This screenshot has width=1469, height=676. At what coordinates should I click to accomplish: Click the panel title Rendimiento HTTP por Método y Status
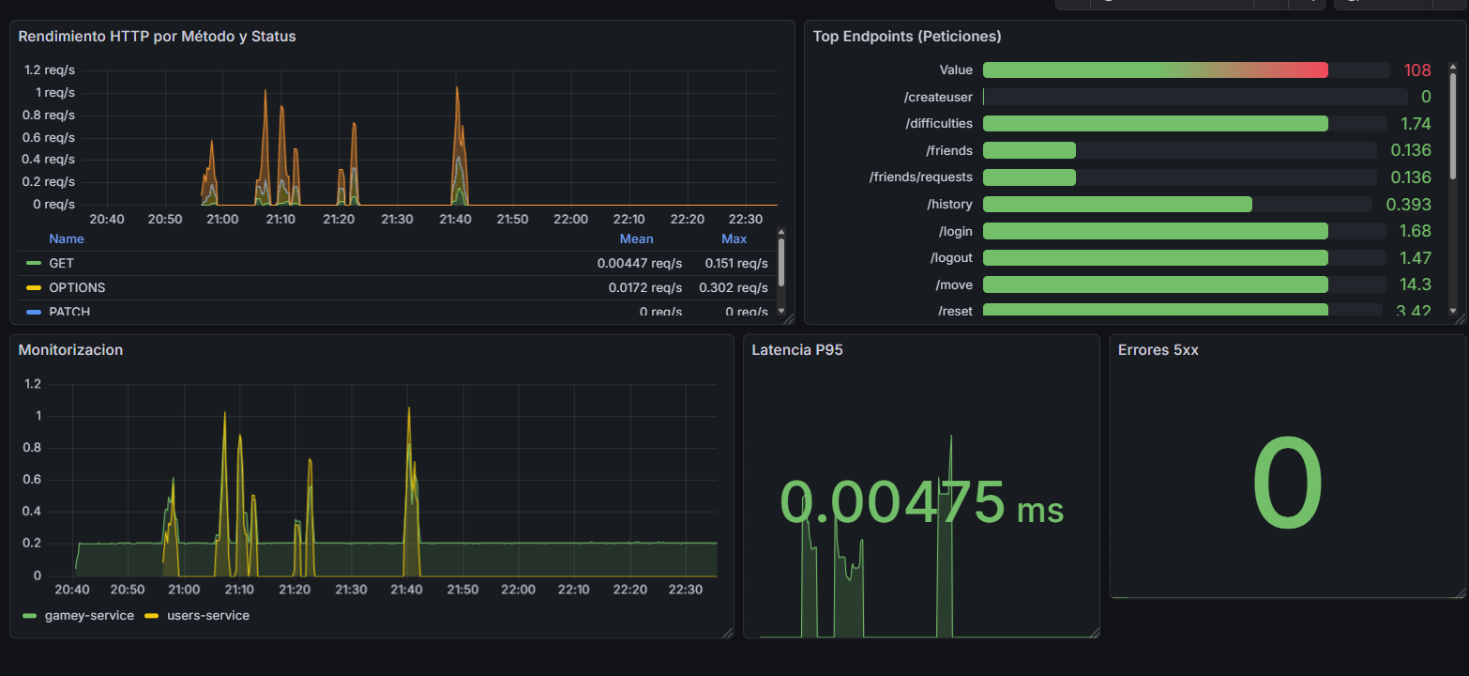tap(157, 37)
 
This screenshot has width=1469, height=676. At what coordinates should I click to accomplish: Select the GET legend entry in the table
tap(61, 263)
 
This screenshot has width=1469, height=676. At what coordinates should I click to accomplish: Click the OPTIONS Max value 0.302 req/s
tap(733, 287)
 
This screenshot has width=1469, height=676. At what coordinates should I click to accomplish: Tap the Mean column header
tap(636, 238)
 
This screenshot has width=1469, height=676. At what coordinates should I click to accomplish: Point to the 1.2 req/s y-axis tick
tap(50, 69)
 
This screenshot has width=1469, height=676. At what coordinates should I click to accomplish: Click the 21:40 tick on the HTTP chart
tap(455, 219)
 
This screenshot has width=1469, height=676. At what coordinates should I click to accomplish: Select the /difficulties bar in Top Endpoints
tap(1155, 124)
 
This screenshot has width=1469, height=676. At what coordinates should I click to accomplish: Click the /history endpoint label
tap(949, 205)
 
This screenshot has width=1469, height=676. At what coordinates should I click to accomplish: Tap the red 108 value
tap(1416, 70)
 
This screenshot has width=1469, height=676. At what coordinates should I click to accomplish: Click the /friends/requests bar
tap(1029, 177)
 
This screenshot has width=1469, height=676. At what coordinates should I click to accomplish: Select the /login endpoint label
tap(953, 231)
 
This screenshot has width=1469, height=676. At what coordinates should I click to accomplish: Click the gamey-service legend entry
tap(88, 615)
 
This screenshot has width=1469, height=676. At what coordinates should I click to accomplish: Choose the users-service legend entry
tap(207, 615)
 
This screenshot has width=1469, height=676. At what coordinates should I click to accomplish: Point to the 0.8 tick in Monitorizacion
tap(32, 448)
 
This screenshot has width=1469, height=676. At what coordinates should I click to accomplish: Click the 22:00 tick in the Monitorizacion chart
tap(518, 590)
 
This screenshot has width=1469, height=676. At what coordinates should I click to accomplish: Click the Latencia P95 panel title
tap(790, 350)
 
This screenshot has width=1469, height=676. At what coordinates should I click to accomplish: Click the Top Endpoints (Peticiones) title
tap(906, 37)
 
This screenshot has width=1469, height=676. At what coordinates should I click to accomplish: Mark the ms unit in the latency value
tap(1040, 510)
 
